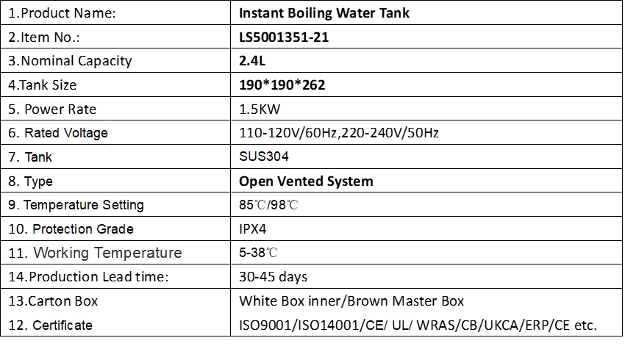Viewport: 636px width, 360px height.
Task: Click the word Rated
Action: [42, 133]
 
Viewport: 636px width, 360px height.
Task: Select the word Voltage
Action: [86, 133]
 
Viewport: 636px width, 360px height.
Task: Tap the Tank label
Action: [38, 157]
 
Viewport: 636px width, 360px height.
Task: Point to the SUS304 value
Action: [264, 156]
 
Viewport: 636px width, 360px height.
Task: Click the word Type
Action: [38, 181]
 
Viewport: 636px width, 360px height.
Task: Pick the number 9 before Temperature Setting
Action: [11, 205]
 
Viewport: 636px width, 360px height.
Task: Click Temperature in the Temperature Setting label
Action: [61, 205]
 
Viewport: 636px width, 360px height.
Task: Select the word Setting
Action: [123, 205]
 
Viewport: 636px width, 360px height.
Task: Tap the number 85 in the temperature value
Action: [246, 205]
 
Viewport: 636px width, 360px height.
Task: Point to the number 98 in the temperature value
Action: [278, 205]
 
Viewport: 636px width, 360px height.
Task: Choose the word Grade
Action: [116, 229]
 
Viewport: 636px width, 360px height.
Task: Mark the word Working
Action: [61, 253]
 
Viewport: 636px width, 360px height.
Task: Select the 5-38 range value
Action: [251, 253]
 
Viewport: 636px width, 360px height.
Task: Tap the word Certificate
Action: [62, 325]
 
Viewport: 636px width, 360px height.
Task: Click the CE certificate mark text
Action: [374, 325]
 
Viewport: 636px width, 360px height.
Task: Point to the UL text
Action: [401, 325]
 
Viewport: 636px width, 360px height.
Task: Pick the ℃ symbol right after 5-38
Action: [272, 253]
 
